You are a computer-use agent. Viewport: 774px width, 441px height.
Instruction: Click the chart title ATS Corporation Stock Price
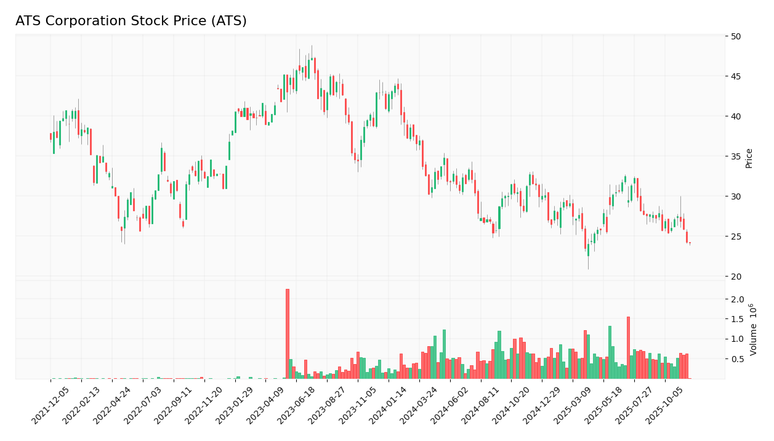point(131,22)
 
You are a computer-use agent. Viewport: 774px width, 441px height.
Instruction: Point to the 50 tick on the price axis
point(736,36)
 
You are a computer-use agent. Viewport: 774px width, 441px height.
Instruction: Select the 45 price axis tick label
point(736,76)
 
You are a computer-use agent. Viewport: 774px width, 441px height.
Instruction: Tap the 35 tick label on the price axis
point(736,156)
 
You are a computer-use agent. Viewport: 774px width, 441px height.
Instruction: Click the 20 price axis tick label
point(736,277)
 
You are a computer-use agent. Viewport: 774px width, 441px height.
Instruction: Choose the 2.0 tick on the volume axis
point(738,299)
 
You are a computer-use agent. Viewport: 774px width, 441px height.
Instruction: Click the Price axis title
point(749,158)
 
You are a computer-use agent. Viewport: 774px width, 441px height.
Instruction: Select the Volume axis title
point(753,330)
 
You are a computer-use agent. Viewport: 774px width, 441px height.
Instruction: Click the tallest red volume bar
point(287,334)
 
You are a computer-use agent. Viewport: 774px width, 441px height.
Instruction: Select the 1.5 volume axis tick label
point(738,319)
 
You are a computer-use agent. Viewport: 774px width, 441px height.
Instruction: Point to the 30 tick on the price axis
point(736,196)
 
